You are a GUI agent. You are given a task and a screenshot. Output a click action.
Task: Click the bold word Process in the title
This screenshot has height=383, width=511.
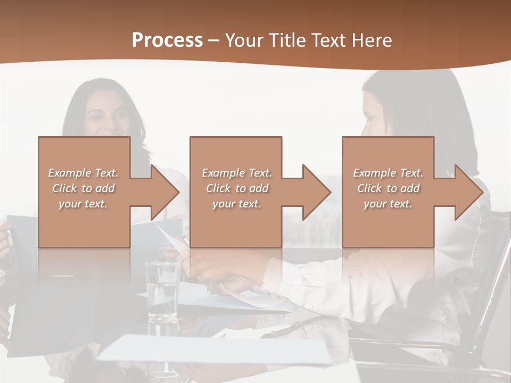[x=167, y=40]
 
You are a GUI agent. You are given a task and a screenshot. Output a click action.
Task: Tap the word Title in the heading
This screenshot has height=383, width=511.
[x=286, y=40]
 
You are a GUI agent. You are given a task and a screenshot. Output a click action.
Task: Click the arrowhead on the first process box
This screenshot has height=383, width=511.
[x=164, y=192]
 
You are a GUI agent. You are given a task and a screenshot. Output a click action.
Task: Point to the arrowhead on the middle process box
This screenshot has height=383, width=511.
[x=316, y=192]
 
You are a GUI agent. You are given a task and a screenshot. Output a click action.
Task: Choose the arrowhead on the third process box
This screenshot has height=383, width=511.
[x=468, y=192]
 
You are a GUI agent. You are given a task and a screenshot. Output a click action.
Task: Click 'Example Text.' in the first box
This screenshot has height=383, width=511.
[x=83, y=173]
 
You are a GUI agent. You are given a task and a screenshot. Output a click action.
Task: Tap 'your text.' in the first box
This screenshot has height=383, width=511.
[x=83, y=204]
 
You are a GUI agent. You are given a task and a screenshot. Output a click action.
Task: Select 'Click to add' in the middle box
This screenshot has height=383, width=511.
[x=237, y=188]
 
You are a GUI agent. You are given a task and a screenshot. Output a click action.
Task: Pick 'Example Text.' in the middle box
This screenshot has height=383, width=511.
[x=237, y=173]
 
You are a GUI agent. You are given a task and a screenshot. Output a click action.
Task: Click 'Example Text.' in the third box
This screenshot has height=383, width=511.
[x=388, y=173]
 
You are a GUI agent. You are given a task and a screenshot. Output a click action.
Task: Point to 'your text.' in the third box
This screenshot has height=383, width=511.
[x=388, y=204]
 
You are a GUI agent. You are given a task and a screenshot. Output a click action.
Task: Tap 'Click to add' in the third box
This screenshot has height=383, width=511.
[x=388, y=188]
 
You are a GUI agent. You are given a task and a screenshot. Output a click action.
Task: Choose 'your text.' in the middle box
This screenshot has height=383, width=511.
[x=237, y=204]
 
